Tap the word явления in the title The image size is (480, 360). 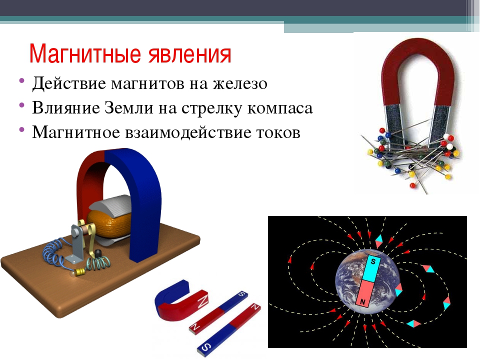click(x=190, y=54)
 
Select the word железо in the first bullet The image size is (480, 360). click(x=240, y=83)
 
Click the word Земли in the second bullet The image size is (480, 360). click(x=129, y=108)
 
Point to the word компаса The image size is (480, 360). click(x=280, y=108)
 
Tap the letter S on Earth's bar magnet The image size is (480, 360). click(x=373, y=261)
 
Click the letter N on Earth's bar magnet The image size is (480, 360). click(x=363, y=302)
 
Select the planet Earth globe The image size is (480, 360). click(x=368, y=281)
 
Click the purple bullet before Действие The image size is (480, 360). click(x=21, y=81)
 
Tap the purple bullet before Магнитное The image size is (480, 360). click(x=21, y=129)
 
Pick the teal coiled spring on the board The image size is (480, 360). click(x=98, y=263)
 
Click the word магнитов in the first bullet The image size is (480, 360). click(x=147, y=83)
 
